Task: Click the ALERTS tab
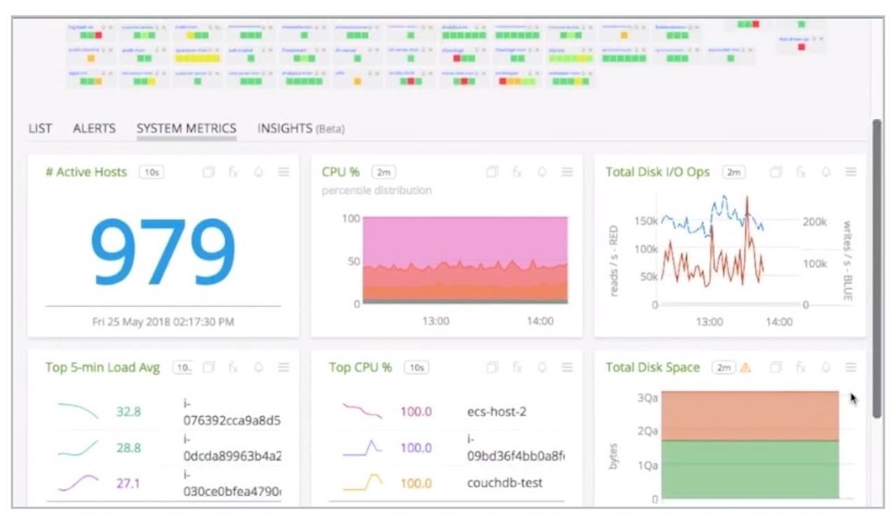[94, 129]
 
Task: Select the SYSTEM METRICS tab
[186, 129]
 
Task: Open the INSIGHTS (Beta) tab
[301, 129]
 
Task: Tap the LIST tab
[40, 129]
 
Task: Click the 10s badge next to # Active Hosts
[151, 172]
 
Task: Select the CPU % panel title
[341, 172]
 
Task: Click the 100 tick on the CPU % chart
[351, 218]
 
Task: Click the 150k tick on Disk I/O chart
[646, 221]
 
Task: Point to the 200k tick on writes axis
[815, 222]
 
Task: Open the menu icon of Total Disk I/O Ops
[850, 172]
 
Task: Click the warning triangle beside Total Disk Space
[745, 367]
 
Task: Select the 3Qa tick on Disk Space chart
[647, 397]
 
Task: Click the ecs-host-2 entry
[496, 411]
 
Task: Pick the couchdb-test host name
[504, 483]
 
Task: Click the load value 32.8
[129, 411]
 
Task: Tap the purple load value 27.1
[129, 483]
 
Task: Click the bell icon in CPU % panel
[542, 172]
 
